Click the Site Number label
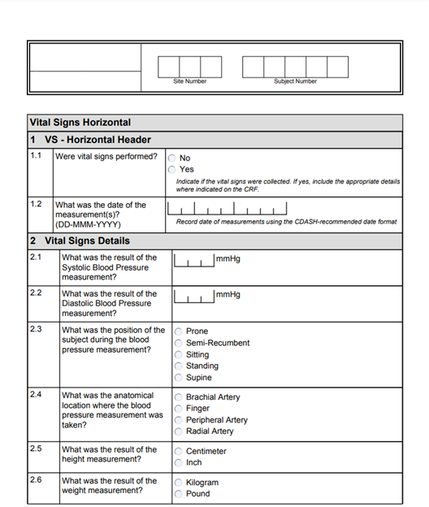point(189,81)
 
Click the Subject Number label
point(295,81)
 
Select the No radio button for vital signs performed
point(172,158)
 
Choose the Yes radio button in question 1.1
point(172,170)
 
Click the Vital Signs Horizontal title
point(80,123)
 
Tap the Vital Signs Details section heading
point(80,241)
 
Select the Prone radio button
point(179,331)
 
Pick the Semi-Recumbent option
point(179,343)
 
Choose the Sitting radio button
point(179,355)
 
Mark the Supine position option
point(179,378)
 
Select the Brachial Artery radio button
point(179,397)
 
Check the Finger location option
point(179,409)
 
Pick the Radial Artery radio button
point(179,431)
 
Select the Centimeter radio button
point(179,451)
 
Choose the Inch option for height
point(179,462)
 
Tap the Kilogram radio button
point(179,483)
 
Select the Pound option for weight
point(179,494)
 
